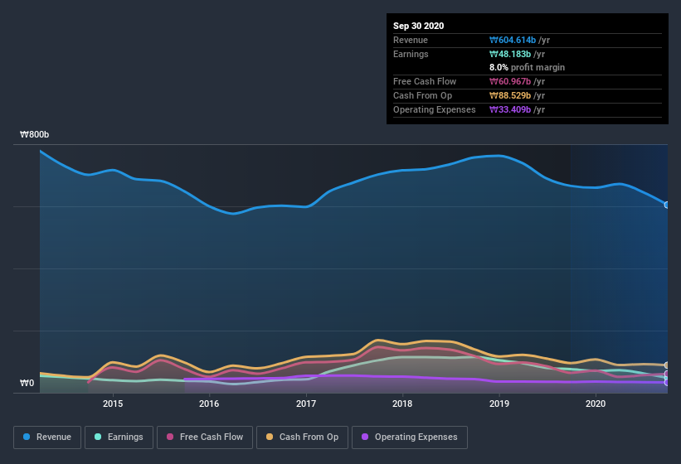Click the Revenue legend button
47,437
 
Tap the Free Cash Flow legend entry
205,437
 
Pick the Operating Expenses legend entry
409,437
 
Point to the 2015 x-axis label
113,404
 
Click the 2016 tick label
209,404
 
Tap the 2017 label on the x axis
306,404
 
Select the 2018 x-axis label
402,404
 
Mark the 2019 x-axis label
499,404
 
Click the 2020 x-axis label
596,404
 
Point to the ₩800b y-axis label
35,134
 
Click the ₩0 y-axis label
27,383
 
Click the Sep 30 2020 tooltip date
418,26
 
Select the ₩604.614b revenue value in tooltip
517,40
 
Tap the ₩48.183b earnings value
514,54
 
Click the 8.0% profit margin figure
499,67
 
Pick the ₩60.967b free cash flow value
514,81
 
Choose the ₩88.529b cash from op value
514,95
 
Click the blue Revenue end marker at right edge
667,205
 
